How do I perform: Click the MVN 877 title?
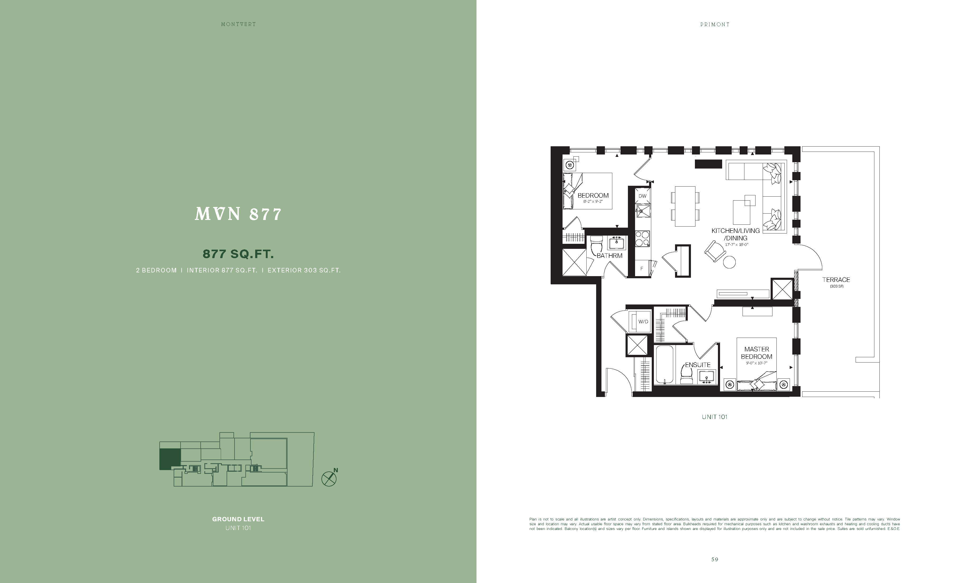click(x=238, y=214)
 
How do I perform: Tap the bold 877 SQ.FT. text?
click(x=238, y=254)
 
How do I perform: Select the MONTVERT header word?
click(x=238, y=24)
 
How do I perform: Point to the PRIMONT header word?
click(x=715, y=24)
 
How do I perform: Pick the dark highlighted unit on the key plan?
click(x=170, y=460)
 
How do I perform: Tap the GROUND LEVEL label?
click(x=238, y=519)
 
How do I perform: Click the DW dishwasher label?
click(x=642, y=196)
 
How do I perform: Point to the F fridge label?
click(x=642, y=268)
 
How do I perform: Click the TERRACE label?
click(x=836, y=280)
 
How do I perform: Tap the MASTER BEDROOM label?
click(x=757, y=353)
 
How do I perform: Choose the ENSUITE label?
click(x=698, y=365)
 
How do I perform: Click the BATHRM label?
click(x=610, y=255)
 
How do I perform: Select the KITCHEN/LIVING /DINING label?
click(x=736, y=234)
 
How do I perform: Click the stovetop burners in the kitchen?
click(x=642, y=238)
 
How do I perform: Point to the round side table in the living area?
click(x=730, y=262)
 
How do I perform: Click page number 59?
click(x=715, y=559)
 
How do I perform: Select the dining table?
click(x=685, y=206)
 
